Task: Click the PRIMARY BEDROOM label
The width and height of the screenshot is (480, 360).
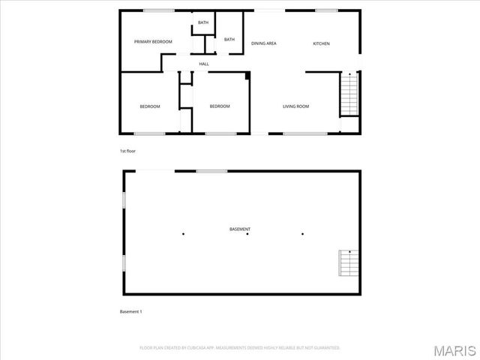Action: pyautogui.click(x=153, y=42)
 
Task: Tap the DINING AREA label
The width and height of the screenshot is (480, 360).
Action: pyautogui.click(x=264, y=43)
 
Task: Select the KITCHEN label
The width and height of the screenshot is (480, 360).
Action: pyautogui.click(x=321, y=43)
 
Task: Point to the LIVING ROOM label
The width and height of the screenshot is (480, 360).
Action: pyautogui.click(x=295, y=106)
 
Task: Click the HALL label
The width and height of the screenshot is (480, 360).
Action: pyautogui.click(x=203, y=64)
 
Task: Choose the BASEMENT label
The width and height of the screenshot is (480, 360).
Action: pyautogui.click(x=240, y=229)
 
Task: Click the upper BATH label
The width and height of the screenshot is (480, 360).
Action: pyautogui.click(x=203, y=23)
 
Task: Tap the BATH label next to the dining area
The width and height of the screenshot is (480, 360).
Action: pyautogui.click(x=229, y=40)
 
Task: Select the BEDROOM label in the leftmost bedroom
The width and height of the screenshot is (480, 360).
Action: pyautogui.click(x=150, y=106)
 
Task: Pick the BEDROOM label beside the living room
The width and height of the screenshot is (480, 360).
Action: pyautogui.click(x=220, y=106)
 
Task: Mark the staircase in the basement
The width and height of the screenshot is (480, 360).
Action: pyautogui.click(x=347, y=262)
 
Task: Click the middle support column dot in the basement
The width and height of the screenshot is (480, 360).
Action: pyautogui.click(x=248, y=234)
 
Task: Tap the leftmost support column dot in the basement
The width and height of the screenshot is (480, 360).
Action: pyautogui.click(x=183, y=234)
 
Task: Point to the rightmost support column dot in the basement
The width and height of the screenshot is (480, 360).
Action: pyautogui.click(x=303, y=234)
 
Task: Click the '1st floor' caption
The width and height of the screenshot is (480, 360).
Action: pyautogui.click(x=127, y=151)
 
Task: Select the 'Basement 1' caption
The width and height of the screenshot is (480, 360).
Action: pyautogui.click(x=130, y=311)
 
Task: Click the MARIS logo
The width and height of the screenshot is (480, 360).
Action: pyautogui.click(x=457, y=349)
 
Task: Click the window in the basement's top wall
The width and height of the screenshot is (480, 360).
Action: pyautogui.click(x=211, y=171)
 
